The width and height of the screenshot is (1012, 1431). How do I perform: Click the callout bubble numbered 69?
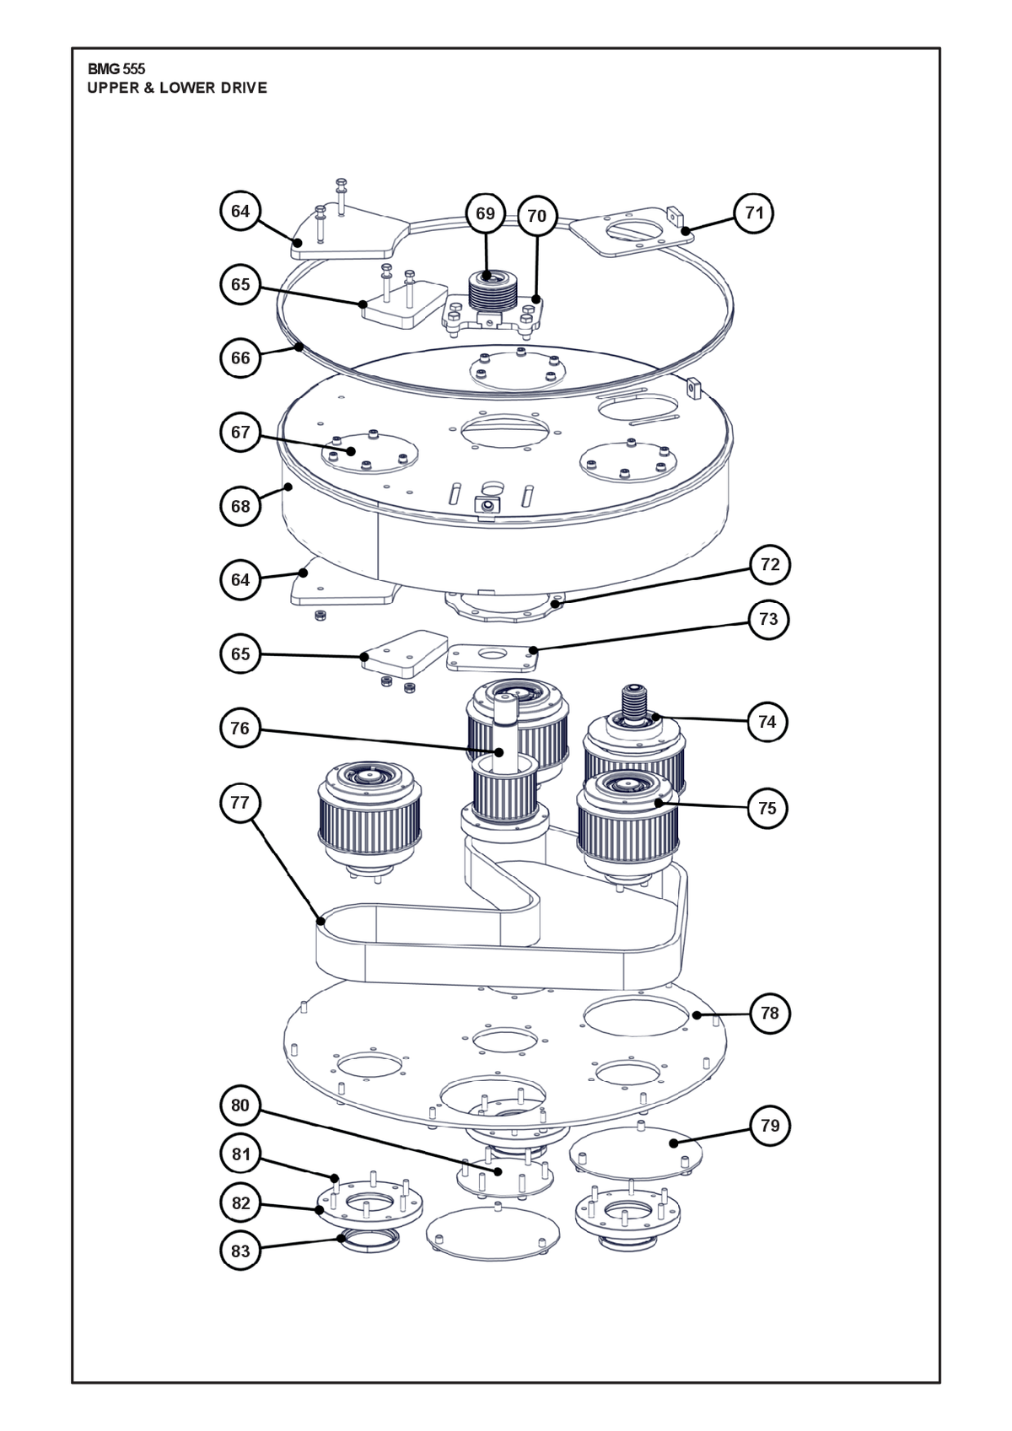pyautogui.click(x=486, y=213)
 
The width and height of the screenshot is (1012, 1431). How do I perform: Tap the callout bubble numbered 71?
pyautogui.click(x=755, y=212)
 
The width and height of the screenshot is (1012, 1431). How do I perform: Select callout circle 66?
pyautogui.click(x=240, y=358)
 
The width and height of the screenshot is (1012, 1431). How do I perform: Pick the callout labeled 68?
pyautogui.click(x=240, y=506)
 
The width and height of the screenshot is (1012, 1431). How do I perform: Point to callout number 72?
pyautogui.click(x=770, y=565)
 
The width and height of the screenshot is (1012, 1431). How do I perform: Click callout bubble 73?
pyautogui.click(x=768, y=619)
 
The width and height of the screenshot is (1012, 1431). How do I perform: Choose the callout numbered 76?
pyautogui.click(x=240, y=729)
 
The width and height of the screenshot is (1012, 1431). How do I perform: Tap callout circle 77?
pyautogui.click(x=240, y=802)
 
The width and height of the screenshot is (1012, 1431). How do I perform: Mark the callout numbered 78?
pyautogui.click(x=770, y=1014)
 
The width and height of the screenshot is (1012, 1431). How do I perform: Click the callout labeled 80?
pyautogui.click(x=240, y=1106)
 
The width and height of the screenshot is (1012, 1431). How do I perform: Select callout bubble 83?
pyautogui.click(x=240, y=1251)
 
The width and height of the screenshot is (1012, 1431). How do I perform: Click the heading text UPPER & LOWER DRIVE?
pyautogui.click(x=177, y=89)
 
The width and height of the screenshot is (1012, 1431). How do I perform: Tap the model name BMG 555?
pyautogui.click(x=116, y=69)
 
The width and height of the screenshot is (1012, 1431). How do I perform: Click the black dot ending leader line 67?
pyautogui.click(x=352, y=451)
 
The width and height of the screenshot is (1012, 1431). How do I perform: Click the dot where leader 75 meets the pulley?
pyautogui.click(x=659, y=803)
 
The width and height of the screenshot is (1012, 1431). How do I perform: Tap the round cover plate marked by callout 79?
pyautogui.click(x=636, y=1152)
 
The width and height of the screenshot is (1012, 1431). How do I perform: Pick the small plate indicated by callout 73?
pyautogui.click(x=493, y=658)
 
